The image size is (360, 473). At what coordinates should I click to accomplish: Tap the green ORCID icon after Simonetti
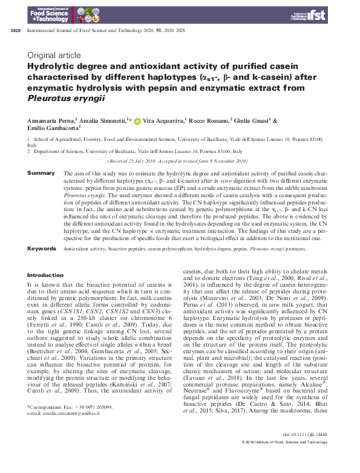pyautogui.click(x=137, y=121)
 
